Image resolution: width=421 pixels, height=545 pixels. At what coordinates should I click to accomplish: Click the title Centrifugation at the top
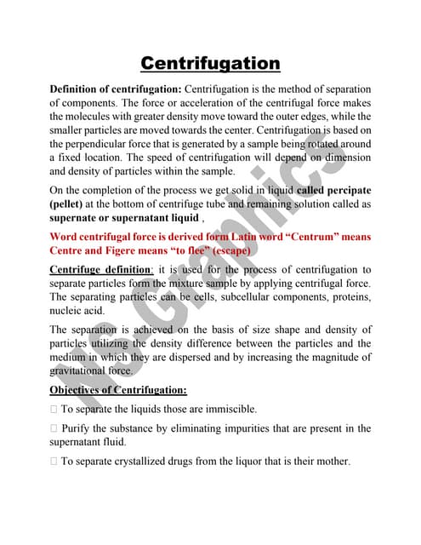(210, 63)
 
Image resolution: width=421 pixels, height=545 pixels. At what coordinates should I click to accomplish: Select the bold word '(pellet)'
(71, 204)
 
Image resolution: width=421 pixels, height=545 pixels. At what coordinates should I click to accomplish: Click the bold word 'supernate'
(77, 218)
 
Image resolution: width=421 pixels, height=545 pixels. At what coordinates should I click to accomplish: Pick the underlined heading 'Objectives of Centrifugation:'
(117, 390)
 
